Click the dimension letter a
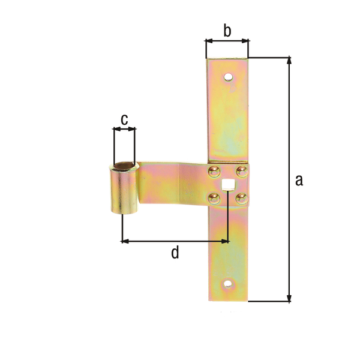pos(299,180)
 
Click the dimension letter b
pos(227,31)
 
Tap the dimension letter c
pos(124,119)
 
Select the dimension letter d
pos(175,252)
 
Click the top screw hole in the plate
pos(228,77)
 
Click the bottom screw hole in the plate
pos(228,284)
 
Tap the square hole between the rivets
pos(228,184)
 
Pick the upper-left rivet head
pos(214,172)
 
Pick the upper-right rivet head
pos(242,172)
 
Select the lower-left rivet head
pos(214,199)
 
